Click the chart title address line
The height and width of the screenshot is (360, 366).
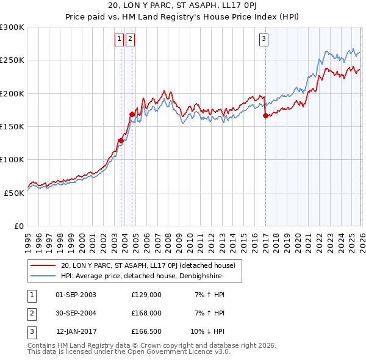[182, 7]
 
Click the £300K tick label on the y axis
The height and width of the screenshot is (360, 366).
[12, 27]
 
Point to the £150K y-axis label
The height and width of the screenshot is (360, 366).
[12, 126]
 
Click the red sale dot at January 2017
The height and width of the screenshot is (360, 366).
[265, 115]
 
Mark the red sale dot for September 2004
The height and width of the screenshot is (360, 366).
[132, 114]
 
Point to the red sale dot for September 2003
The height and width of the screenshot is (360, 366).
[121, 140]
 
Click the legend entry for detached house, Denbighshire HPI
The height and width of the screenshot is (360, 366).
[140, 276]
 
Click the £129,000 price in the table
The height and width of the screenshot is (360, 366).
[146, 295]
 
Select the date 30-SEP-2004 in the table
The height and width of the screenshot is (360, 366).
[76, 313]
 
